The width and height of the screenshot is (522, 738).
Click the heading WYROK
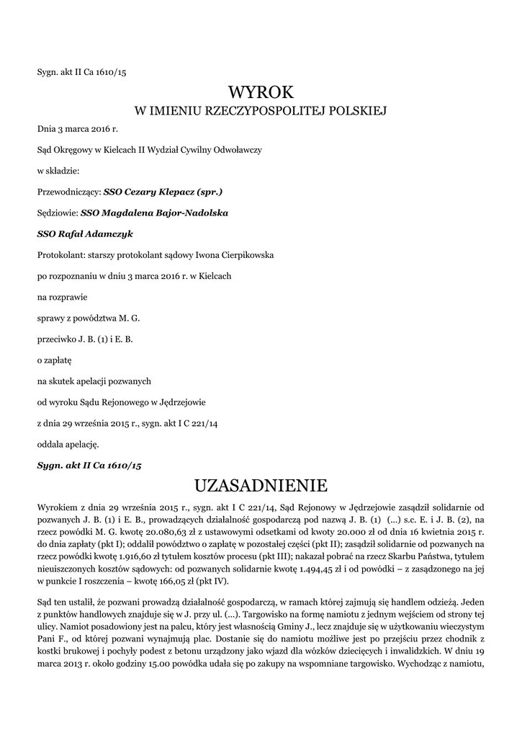click(261, 92)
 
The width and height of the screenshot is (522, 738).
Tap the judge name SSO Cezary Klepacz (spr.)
click(163, 192)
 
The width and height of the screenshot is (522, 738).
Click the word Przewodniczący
click(68, 192)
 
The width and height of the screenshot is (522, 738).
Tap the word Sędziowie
click(57, 213)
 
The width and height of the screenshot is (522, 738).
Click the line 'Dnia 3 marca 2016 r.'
click(77, 130)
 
